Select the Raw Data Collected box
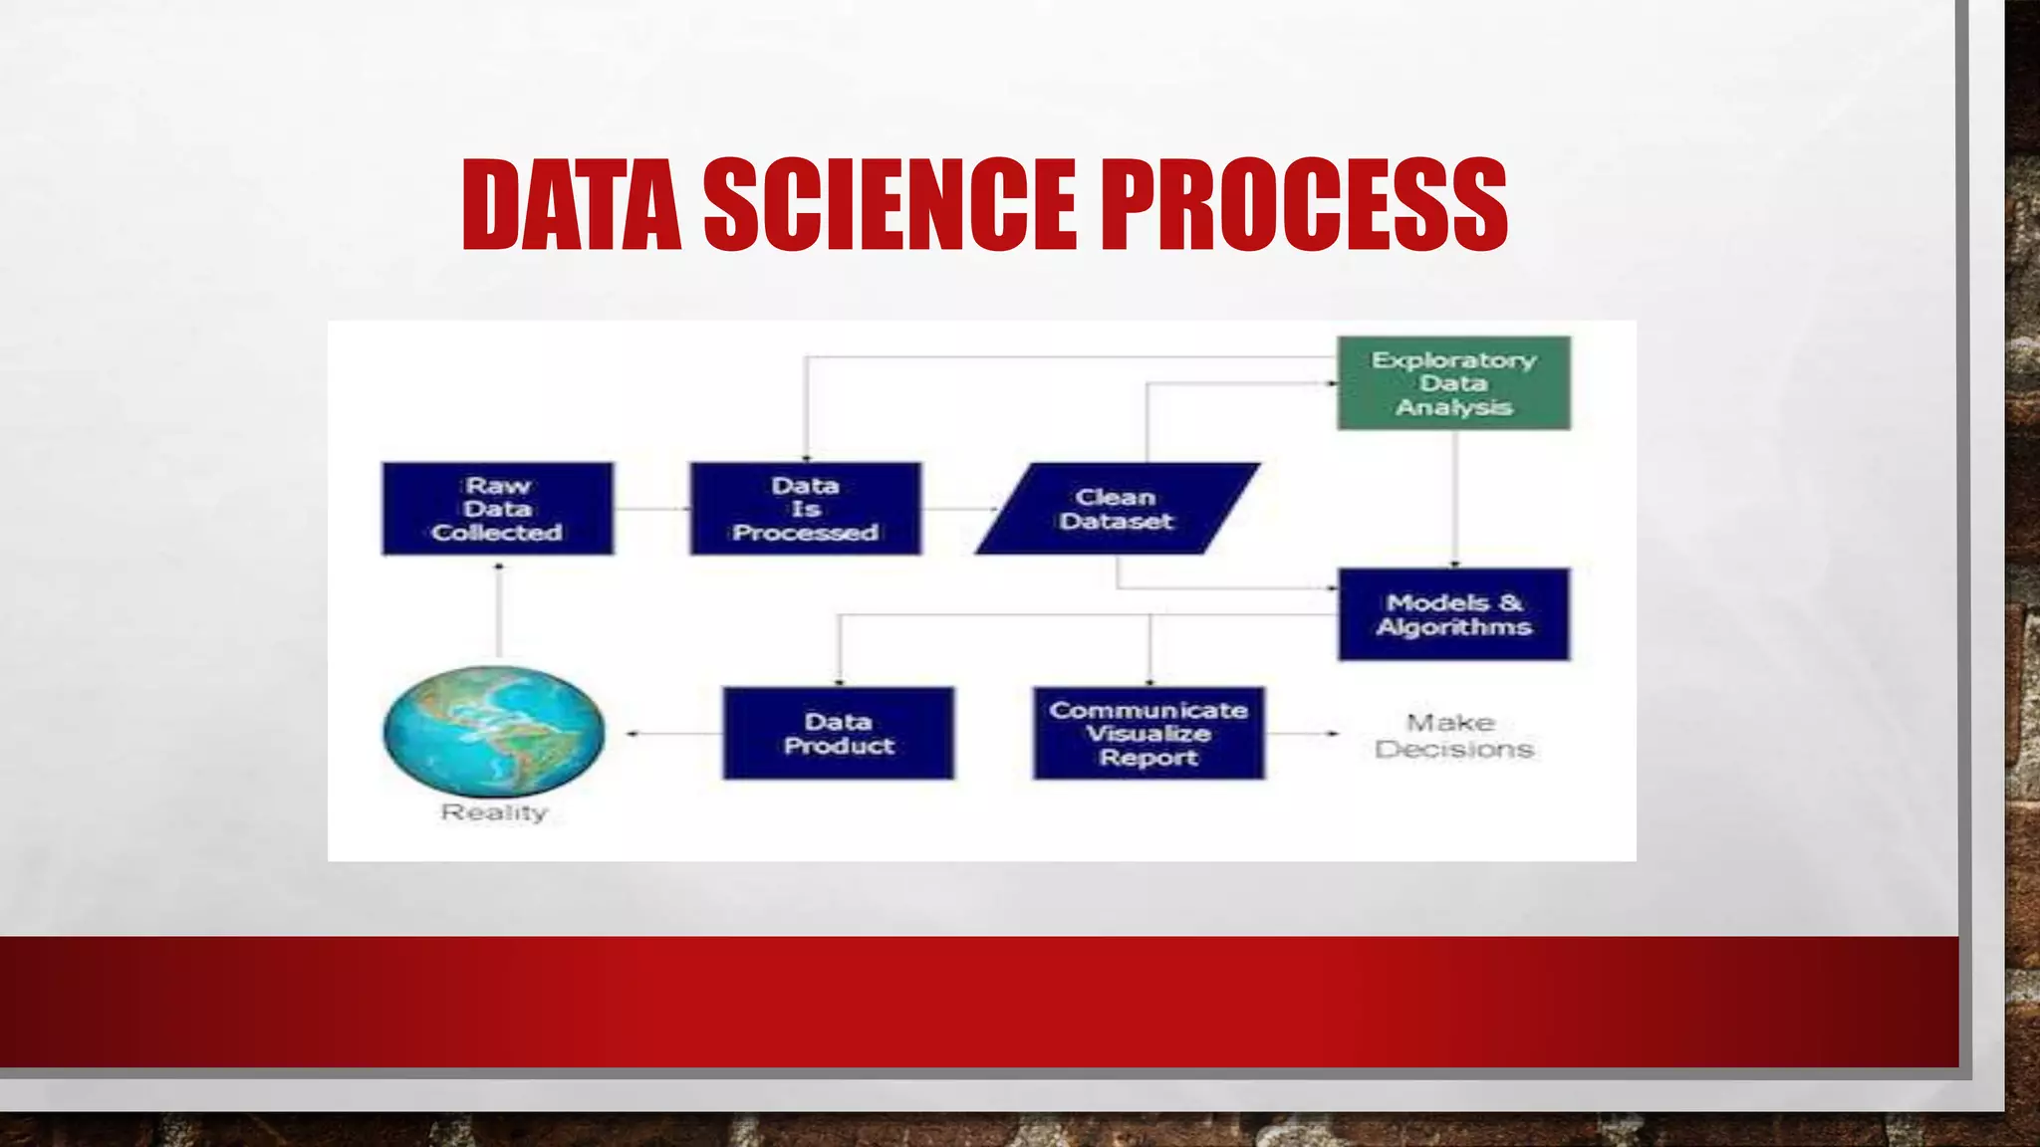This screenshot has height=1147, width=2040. point(497,509)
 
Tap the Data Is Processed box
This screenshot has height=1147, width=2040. point(805,509)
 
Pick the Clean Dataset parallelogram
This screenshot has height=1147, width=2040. point(1117,509)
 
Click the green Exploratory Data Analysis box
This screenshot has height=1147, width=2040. point(1453,383)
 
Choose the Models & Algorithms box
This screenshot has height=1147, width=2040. point(1453,614)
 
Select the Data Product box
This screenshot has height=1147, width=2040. point(838,733)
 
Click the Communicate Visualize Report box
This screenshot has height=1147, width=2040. point(1148,733)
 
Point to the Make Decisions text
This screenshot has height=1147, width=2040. point(1453,736)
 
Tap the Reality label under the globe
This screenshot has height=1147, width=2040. point(494,812)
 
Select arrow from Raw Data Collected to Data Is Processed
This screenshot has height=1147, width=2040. point(651,509)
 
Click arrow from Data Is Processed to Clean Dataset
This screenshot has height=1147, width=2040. point(957,509)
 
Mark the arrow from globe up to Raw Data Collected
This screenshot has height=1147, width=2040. point(498,612)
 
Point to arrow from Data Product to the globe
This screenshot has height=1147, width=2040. point(674,734)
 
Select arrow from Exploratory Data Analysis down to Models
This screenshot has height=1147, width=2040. point(1454,498)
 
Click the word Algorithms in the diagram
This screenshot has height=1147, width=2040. point(1453,627)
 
